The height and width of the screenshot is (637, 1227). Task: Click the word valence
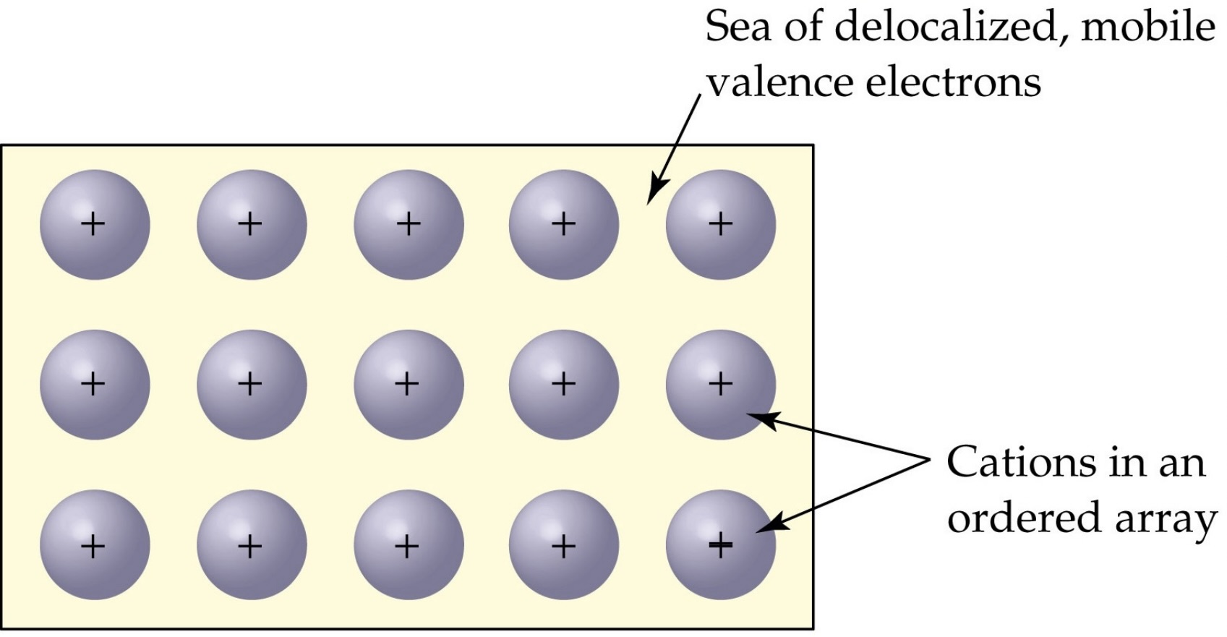pos(779,83)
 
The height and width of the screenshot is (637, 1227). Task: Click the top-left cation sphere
pos(95,225)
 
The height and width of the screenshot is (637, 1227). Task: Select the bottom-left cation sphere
pos(95,544)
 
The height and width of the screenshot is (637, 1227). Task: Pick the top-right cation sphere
pos(720,225)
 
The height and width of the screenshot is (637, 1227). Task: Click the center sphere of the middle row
pos(408,385)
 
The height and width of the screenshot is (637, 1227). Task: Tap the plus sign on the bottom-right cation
pos(720,544)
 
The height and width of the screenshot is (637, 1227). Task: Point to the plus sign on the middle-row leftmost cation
pos(93,384)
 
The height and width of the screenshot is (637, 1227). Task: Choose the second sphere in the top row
pos(251,225)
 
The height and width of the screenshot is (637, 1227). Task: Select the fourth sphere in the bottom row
pos(564,544)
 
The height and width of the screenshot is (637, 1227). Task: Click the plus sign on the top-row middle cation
pos(409,224)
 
